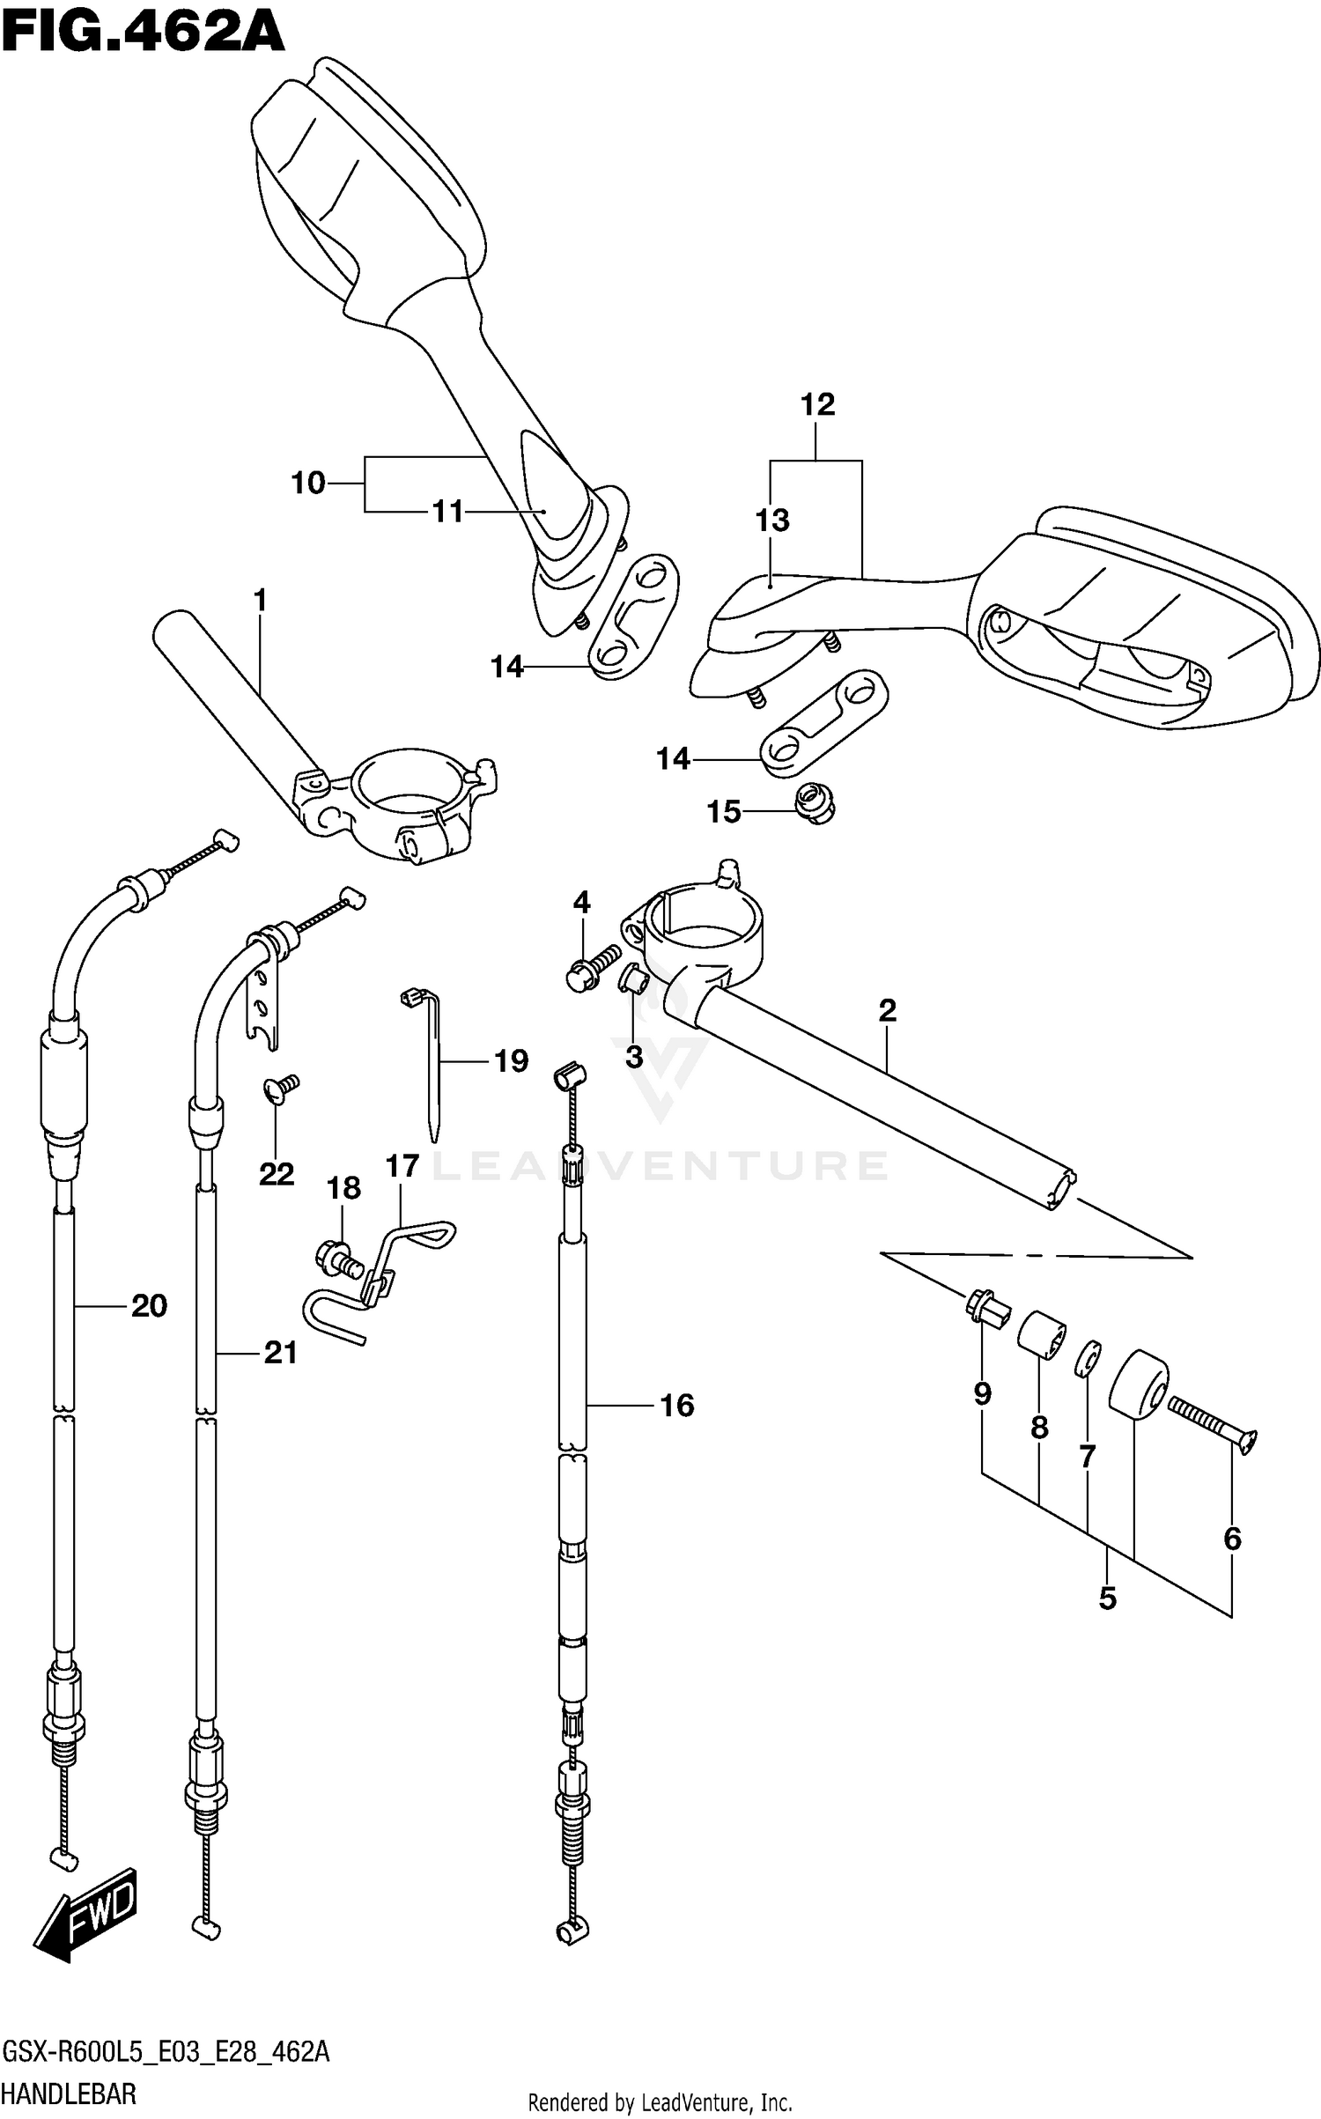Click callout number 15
click(724, 812)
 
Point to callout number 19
click(511, 1061)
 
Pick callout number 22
click(276, 1173)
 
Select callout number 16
click(676, 1405)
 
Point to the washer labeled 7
click(1089, 1358)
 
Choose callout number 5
click(1107, 1598)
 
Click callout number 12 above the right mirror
click(817, 404)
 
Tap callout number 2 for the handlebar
click(887, 1010)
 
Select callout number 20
click(149, 1305)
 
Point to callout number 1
click(259, 602)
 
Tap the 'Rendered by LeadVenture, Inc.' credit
click(660, 2103)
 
